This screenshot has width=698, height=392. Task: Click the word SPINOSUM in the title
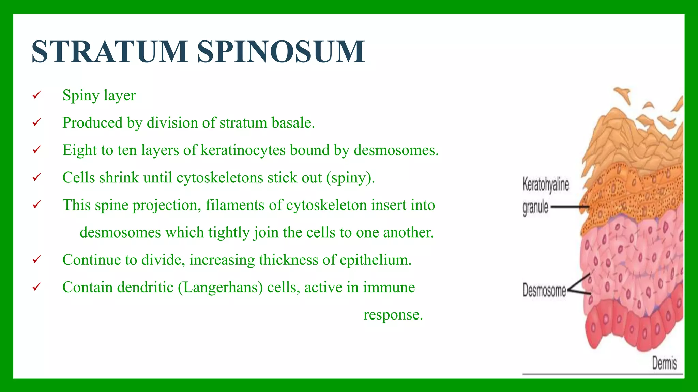[281, 52]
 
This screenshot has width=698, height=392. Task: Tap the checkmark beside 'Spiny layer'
[37, 95]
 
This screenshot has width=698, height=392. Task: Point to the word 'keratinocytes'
[243, 150]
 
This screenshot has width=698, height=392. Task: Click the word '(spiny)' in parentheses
[350, 178]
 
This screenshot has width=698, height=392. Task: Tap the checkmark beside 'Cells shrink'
[37, 177]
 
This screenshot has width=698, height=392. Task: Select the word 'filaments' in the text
[235, 205]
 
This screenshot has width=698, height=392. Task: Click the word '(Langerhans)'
[220, 287]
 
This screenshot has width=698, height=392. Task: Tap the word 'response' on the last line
[393, 315]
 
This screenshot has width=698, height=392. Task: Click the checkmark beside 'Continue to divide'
[37, 260]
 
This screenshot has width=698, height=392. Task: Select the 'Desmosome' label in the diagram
[544, 290]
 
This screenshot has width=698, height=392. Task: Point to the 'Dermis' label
[664, 363]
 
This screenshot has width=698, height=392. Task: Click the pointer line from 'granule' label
[569, 207]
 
